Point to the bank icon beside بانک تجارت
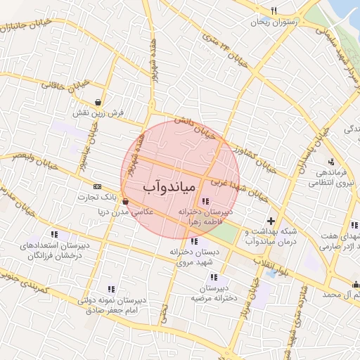pos(96,186)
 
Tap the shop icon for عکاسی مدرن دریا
pos(125,200)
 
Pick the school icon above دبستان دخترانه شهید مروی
pos(195,241)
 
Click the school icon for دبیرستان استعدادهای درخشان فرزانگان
pos(54,234)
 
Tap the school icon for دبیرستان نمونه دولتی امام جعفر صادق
pos(111,288)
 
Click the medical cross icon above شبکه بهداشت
pos(271,221)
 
